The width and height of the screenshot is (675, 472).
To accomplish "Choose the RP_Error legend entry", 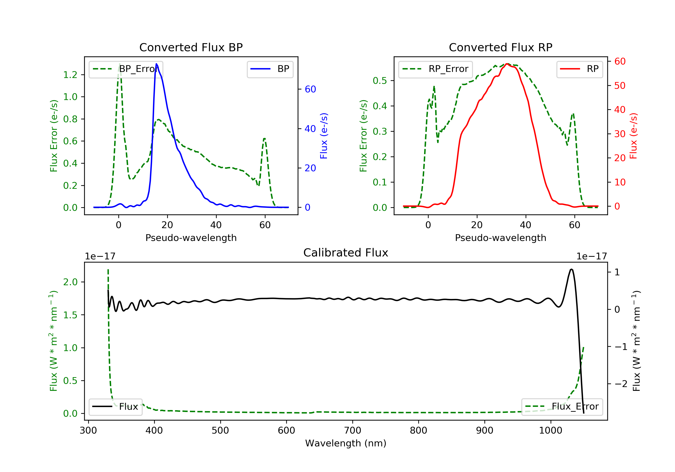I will pos(435,69).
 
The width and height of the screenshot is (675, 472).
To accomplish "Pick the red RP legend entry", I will pos(579,69).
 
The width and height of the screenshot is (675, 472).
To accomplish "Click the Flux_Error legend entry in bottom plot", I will pos(562,407).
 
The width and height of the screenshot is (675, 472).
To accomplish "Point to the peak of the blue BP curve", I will pos(156,64).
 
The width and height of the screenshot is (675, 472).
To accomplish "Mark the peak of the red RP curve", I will pos(507,64).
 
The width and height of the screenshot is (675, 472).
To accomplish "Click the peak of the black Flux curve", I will pos(571,269).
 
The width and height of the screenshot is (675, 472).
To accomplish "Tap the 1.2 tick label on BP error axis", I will pos(70,75).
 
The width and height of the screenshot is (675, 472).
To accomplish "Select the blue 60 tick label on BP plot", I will pos(310,89).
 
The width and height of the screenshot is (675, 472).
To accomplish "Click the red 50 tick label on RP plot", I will pos(620,86).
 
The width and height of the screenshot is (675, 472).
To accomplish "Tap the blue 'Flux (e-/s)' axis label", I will pos(324,136).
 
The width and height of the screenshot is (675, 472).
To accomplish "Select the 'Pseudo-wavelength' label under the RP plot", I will pos(500,238).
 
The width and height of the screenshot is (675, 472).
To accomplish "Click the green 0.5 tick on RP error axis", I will pos(380,81).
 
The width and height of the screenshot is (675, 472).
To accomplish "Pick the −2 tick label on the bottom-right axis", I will pos(620,384).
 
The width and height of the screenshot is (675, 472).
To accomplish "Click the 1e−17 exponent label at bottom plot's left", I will pos(100,256).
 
